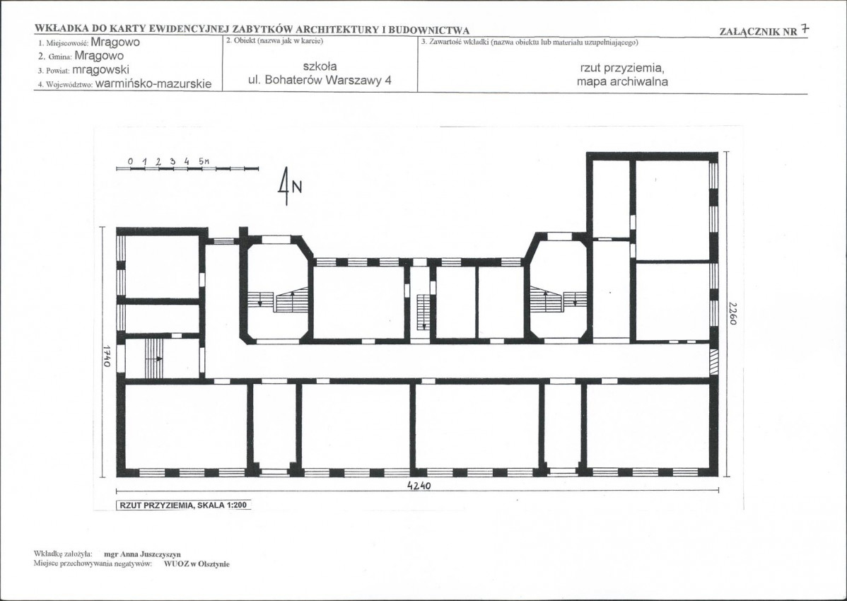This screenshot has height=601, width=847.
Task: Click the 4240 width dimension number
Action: point(419,486)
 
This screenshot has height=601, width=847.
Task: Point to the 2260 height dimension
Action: point(732,313)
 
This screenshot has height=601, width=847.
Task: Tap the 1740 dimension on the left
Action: point(107,356)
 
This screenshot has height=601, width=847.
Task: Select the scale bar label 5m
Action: point(204,161)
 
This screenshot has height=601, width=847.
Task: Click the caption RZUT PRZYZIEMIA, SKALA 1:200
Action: point(184,506)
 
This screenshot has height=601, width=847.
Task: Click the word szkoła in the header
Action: point(320,66)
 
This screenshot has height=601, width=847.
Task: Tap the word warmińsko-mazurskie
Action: point(153,84)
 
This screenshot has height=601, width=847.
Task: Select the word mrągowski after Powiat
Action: point(100,70)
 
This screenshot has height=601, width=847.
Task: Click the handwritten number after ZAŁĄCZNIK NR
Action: point(805,29)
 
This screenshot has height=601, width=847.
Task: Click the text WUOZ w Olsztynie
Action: point(197,564)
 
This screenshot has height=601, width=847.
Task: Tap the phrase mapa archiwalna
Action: point(622,81)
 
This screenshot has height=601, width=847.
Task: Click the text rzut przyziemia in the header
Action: point(622,68)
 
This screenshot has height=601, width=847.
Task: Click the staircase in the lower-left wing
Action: point(154,358)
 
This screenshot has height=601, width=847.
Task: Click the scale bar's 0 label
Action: point(131,161)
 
